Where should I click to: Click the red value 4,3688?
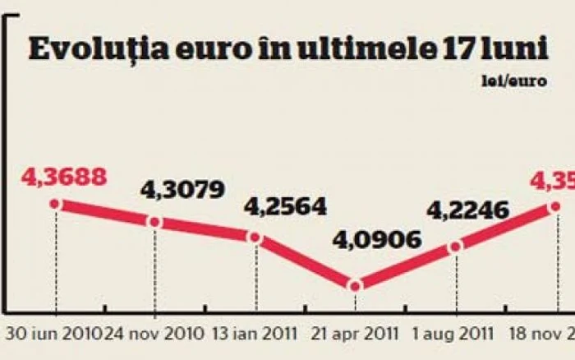(67, 177)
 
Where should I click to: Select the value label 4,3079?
(183, 191)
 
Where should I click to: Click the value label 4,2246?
(469, 210)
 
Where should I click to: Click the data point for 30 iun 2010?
(55, 204)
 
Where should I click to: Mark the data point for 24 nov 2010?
(154, 222)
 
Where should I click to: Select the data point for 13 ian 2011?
(255, 238)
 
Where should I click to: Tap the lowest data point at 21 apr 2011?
(355, 286)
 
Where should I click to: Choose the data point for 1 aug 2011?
(455, 246)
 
